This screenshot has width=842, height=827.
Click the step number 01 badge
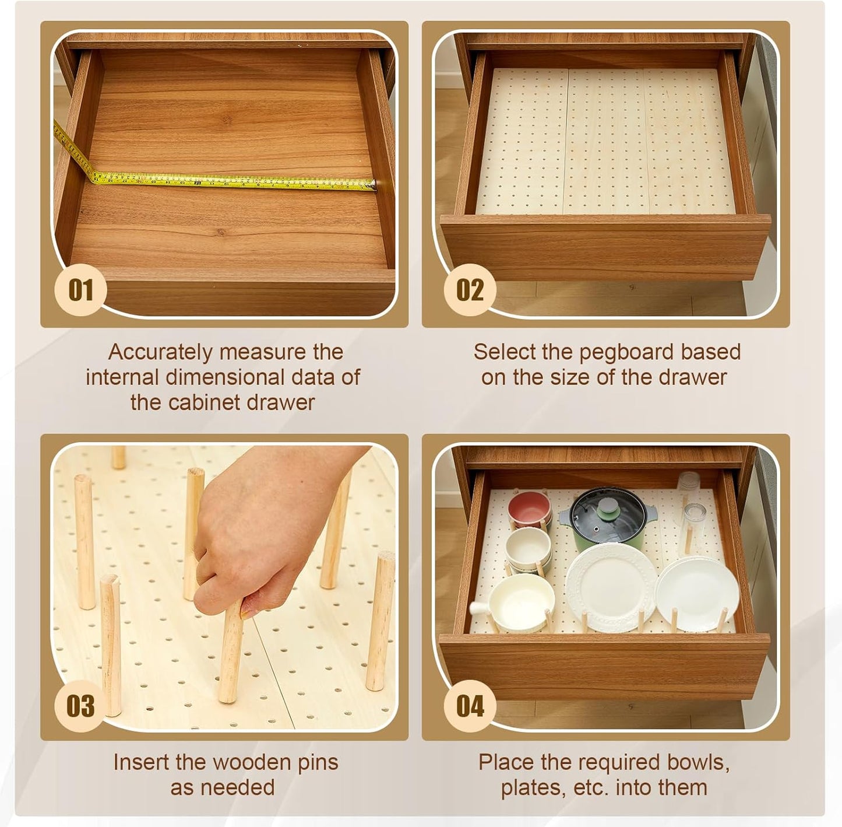tap(80, 290)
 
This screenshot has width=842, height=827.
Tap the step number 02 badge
tap(470, 290)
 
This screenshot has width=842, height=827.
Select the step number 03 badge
tap(80, 706)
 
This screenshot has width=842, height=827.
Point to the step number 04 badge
tap(470, 706)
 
